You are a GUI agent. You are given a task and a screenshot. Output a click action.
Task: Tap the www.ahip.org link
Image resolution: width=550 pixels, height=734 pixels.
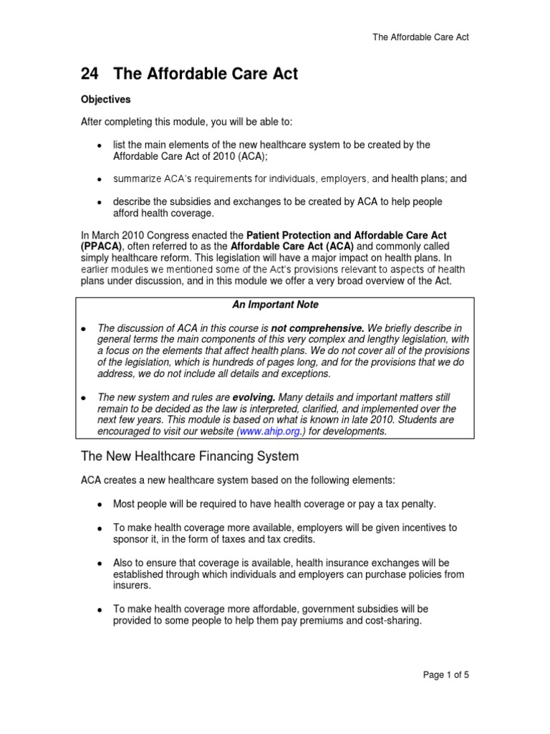click(265, 432)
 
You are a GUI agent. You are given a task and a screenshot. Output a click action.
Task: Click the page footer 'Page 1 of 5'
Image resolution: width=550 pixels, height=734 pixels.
click(445, 675)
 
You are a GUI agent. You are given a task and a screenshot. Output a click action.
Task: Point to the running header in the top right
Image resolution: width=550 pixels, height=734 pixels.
click(420, 37)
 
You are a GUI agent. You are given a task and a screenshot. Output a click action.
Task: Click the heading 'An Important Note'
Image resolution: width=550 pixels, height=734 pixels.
click(275, 305)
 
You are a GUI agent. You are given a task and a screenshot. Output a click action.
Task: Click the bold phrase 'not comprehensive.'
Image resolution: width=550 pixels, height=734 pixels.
click(313, 328)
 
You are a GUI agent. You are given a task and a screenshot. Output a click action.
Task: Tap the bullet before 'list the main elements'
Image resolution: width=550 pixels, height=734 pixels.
click(100, 146)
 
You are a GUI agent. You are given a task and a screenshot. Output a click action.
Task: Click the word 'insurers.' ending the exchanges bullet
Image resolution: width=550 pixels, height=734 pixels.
click(131, 586)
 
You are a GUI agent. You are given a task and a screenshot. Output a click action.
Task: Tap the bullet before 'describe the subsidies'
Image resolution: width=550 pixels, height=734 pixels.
click(100, 203)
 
